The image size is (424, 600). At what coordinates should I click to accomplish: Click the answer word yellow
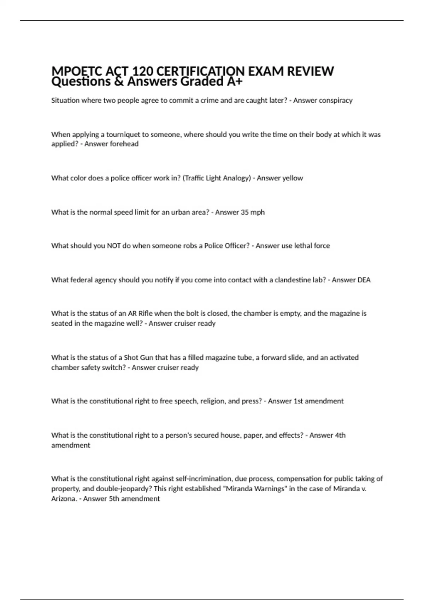tap(291, 178)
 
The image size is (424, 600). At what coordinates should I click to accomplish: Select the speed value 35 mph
tap(253, 212)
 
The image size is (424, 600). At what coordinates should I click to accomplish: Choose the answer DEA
tap(364, 280)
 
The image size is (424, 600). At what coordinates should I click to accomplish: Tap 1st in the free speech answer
tap(298, 401)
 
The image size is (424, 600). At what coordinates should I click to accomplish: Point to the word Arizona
tap(64, 499)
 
